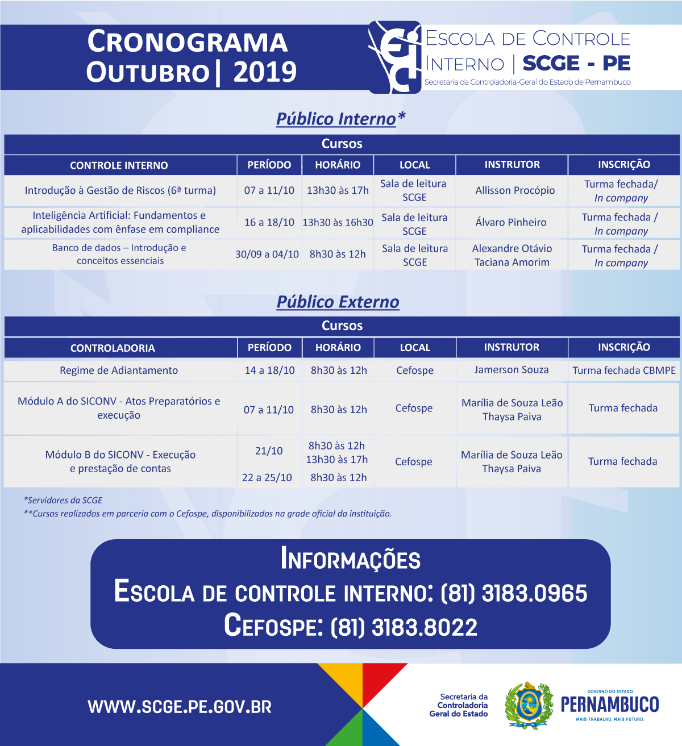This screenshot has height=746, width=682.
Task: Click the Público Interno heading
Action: click(x=340, y=119)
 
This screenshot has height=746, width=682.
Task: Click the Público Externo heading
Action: click(x=338, y=302)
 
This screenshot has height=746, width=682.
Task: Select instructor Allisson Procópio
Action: click(x=515, y=190)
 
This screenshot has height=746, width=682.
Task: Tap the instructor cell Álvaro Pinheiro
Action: click(x=511, y=222)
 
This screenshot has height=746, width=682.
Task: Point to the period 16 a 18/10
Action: click(x=269, y=222)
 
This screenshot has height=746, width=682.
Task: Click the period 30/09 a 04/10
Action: click(x=267, y=254)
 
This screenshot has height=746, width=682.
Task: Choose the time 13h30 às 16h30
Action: click(x=338, y=222)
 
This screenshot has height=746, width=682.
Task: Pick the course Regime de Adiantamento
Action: click(x=119, y=370)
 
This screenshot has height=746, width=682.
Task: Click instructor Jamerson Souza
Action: click(x=511, y=370)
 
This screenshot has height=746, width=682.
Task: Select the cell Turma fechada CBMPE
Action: click(x=624, y=370)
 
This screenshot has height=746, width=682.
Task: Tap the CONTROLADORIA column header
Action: click(x=113, y=348)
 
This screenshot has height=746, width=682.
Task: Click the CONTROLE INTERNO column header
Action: click(x=119, y=165)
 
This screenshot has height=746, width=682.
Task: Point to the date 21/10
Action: click(x=269, y=451)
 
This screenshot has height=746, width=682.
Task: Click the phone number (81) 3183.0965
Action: click(x=514, y=593)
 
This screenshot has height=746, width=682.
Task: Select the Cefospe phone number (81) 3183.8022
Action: click(x=404, y=627)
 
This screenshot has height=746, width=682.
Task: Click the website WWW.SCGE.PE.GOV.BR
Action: click(x=180, y=707)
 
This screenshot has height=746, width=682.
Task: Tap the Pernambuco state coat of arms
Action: click(x=529, y=706)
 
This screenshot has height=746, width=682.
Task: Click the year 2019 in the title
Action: click(x=265, y=72)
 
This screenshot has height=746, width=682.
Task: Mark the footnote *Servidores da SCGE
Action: click(x=63, y=501)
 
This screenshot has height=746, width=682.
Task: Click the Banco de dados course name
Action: click(x=119, y=254)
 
